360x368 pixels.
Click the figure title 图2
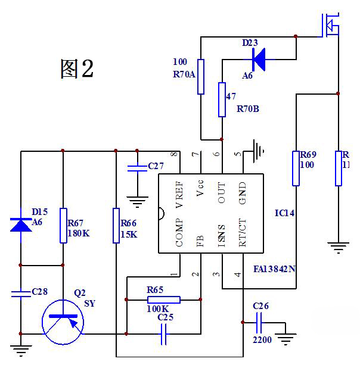(77, 69)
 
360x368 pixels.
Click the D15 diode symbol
(21, 224)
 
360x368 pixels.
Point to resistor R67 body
(63, 226)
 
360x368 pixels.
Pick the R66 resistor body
(117, 226)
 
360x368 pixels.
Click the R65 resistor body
(163, 300)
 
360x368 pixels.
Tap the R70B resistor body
(222, 99)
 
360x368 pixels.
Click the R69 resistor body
(296, 168)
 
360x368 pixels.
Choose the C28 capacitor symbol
(21, 293)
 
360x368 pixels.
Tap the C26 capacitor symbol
(260, 323)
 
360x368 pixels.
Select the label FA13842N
(274, 269)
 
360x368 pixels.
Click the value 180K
(79, 233)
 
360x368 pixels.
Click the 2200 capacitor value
(263, 341)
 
